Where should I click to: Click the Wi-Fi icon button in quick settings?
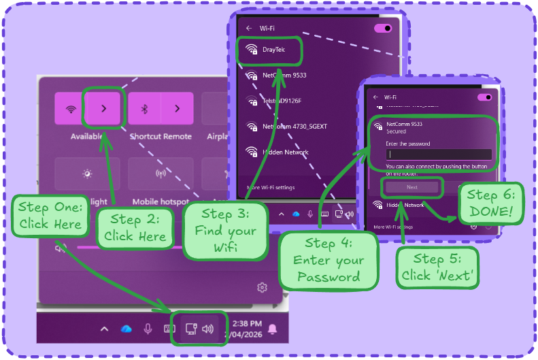(x=70, y=108)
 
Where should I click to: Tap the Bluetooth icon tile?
(x=144, y=108)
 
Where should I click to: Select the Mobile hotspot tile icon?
(x=161, y=174)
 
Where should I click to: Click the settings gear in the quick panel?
(x=262, y=288)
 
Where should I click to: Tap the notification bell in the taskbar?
(x=273, y=329)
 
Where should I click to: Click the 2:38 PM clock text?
(x=246, y=324)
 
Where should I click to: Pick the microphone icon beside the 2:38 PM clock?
(x=148, y=329)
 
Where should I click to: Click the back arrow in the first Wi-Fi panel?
(x=249, y=29)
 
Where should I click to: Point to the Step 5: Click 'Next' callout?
(x=437, y=267)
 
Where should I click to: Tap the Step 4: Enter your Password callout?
(x=329, y=260)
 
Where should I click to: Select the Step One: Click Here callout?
(x=50, y=215)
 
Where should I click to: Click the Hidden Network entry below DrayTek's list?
(x=286, y=152)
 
